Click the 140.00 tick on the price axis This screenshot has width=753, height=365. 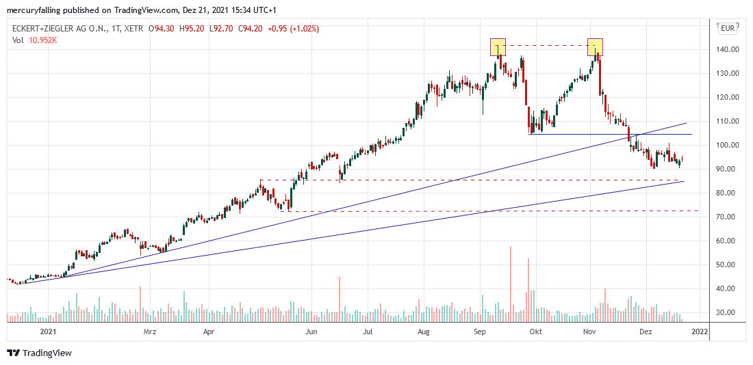click(727, 49)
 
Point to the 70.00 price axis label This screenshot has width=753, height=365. click(727, 217)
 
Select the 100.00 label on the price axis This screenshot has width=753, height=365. click(727, 145)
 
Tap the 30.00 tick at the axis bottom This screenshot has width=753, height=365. click(727, 312)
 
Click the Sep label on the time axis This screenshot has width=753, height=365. click(480, 332)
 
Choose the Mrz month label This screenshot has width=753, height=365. click(150, 332)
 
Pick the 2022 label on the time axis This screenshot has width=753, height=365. click(699, 332)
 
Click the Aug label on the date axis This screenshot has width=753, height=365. click(424, 332)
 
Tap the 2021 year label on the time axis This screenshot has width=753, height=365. click(48, 332)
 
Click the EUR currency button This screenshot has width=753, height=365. click(727, 28)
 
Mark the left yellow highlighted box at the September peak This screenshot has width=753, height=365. click(498, 46)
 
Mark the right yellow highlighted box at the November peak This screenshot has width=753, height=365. click(596, 46)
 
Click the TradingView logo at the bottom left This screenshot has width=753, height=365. click(40, 353)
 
